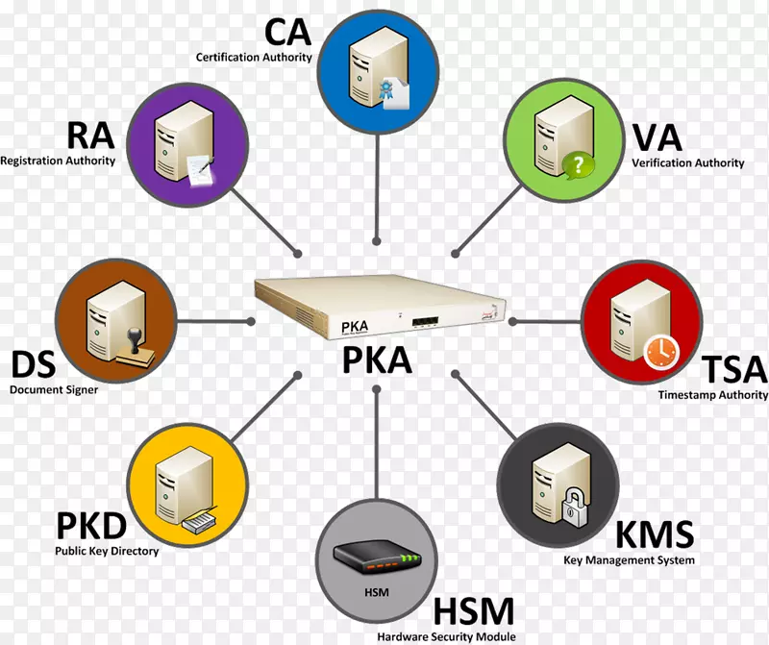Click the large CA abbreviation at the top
(x=288, y=31)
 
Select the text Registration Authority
(x=58, y=161)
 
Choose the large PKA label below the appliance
(x=377, y=360)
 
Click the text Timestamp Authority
(x=712, y=395)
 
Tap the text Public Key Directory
(x=107, y=551)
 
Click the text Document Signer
(x=54, y=390)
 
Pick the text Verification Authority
(x=687, y=163)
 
